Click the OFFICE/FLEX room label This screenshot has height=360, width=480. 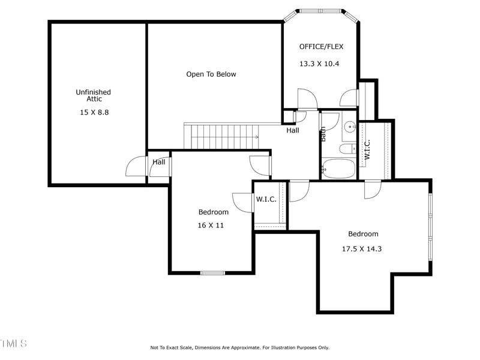point(321,46)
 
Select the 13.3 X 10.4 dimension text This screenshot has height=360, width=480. point(319,63)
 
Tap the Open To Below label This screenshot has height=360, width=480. point(211,74)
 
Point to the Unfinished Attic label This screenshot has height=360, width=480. point(93,95)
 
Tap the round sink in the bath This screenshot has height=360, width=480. point(349,127)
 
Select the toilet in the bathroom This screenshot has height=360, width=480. point(347,148)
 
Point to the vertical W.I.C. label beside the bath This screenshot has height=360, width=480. point(367,149)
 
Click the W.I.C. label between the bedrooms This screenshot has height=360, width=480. point(266,199)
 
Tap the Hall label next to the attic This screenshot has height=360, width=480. point(159,162)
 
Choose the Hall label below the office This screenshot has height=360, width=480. point(293,130)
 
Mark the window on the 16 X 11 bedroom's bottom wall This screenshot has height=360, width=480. point(212,273)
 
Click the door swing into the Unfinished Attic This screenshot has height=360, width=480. point(136,167)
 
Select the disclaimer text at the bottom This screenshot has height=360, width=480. point(239,347)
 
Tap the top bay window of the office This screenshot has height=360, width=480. point(320,11)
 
